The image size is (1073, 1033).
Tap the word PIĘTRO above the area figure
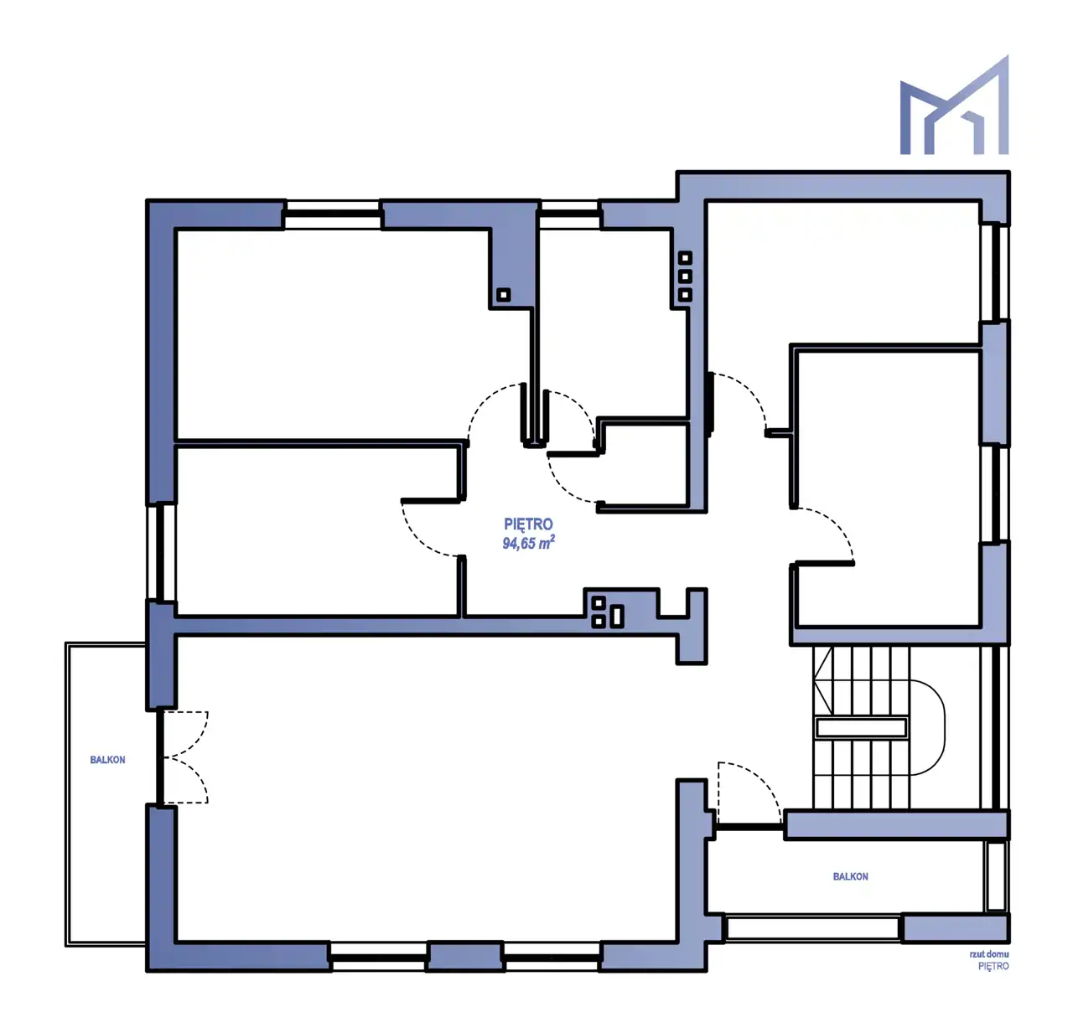(x=528, y=524)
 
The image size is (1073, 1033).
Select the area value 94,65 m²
(x=528, y=543)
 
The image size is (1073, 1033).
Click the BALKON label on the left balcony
(x=107, y=760)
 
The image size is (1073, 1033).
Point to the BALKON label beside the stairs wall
(x=850, y=876)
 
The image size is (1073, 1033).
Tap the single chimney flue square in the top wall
(x=504, y=295)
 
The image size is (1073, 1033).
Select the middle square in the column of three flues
(x=685, y=276)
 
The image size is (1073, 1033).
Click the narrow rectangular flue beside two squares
(x=618, y=617)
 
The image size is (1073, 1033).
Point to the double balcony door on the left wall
(x=182, y=757)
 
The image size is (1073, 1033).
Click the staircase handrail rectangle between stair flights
(x=861, y=728)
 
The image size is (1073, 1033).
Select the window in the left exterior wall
(x=160, y=552)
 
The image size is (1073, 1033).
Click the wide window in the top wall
(x=333, y=214)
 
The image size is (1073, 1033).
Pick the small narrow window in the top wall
(x=569, y=214)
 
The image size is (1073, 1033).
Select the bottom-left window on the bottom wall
(x=380, y=957)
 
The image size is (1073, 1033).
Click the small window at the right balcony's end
(x=996, y=876)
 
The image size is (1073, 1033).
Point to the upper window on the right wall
(x=996, y=272)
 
